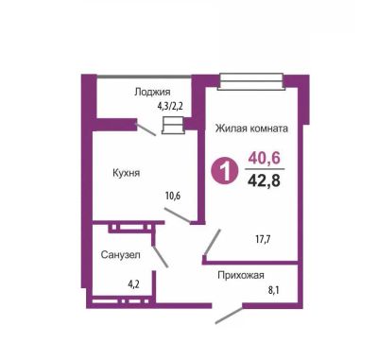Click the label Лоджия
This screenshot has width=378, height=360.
(x=152, y=92)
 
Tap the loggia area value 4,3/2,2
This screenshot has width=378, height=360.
(x=170, y=106)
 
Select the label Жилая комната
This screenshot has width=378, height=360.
(x=251, y=129)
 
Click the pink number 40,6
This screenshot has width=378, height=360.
(x=264, y=158)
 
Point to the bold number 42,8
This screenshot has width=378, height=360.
(x=264, y=180)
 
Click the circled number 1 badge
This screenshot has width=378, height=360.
(x=225, y=172)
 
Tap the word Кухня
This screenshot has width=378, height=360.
(x=126, y=173)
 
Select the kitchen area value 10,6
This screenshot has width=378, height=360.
(x=173, y=196)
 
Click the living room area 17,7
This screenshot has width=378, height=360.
(x=264, y=239)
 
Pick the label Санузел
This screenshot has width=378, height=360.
(x=120, y=255)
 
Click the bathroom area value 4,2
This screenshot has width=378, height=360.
(x=134, y=285)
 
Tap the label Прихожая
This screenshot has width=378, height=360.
(x=241, y=275)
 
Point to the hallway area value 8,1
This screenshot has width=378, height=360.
(x=274, y=289)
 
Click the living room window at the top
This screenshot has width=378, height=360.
(x=251, y=81)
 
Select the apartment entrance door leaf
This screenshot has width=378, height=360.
(x=229, y=314)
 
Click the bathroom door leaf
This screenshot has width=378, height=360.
(x=161, y=257)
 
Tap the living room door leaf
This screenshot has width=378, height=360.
(x=213, y=242)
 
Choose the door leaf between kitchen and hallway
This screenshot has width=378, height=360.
(x=178, y=215)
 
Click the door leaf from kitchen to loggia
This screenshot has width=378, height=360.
(x=146, y=129)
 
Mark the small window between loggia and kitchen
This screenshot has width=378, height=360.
(x=172, y=126)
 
